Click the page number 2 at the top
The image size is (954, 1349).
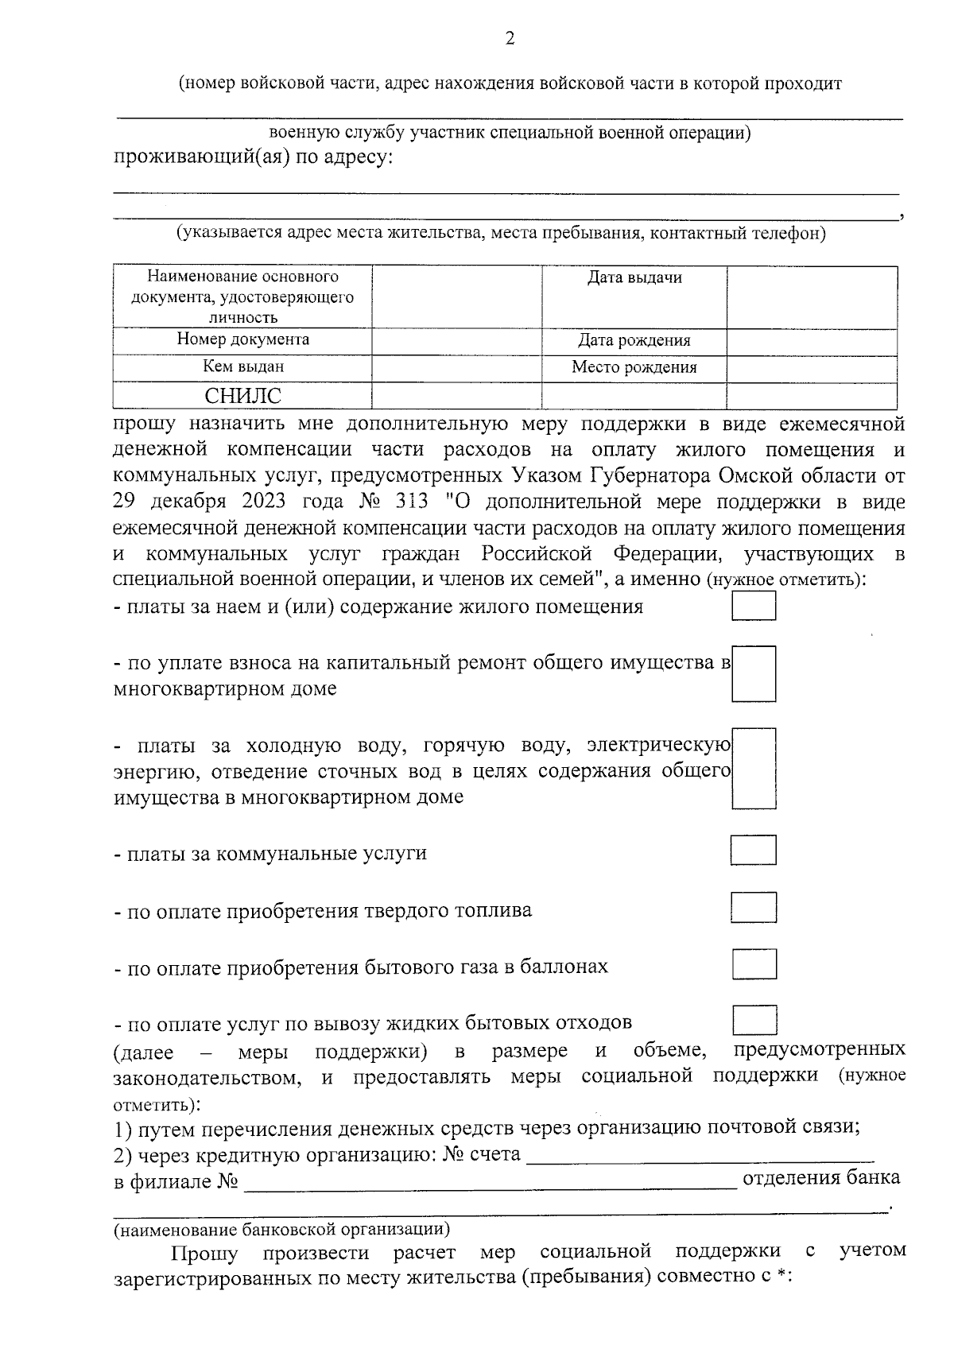tap(510, 38)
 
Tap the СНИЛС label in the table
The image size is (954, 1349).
tap(242, 396)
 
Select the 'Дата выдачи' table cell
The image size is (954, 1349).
tap(634, 278)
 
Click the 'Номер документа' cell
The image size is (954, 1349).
tap(242, 339)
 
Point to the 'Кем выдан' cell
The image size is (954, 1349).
tap(242, 366)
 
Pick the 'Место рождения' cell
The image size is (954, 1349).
tap(634, 367)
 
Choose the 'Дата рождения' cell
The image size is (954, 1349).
tap(634, 340)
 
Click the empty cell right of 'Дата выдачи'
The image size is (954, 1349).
tap(812, 296)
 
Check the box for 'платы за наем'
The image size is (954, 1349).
tap(754, 606)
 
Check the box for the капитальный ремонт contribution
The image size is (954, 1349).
tap(754, 673)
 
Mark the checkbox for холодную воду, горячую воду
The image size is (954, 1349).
tap(754, 768)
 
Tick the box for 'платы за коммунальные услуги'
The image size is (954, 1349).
tap(754, 850)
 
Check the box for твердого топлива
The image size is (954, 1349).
tap(754, 907)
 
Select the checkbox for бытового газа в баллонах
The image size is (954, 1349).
tap(754, 963)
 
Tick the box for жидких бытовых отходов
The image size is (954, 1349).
tap(754, 1020)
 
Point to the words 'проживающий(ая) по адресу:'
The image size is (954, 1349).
tap(253, 157)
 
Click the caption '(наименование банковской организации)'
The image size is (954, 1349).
tap(281, 1231)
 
